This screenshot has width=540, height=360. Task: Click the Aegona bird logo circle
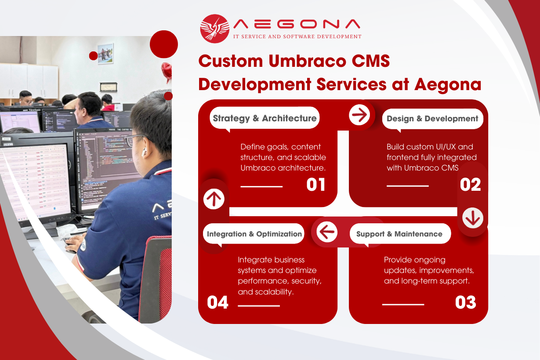point(214,29)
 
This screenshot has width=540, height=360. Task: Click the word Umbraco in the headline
point(308,61)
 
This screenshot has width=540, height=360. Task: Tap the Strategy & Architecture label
point(265,118)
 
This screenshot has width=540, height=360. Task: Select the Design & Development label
point(432,119)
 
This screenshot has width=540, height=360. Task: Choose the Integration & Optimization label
point(254,234)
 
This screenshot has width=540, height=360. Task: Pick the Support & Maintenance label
point(400,234)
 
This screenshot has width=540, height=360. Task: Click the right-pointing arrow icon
point(359,115)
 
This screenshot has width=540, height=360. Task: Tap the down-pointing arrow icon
point(472,218)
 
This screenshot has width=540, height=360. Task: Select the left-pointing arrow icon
point(327,232)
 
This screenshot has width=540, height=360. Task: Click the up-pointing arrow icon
point(214,199)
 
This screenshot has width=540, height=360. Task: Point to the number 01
point(316,185)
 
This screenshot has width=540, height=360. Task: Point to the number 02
point(470,185)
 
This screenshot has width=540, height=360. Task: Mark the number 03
point(465,302)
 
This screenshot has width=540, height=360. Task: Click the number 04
point(217,302)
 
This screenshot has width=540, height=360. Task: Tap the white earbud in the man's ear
point(144,152)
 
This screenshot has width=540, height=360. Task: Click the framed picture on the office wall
point(105,54)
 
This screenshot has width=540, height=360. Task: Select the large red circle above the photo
point(164,44)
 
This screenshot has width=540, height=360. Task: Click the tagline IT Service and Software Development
point(297,36)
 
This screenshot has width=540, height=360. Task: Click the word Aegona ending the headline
point(448,84)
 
